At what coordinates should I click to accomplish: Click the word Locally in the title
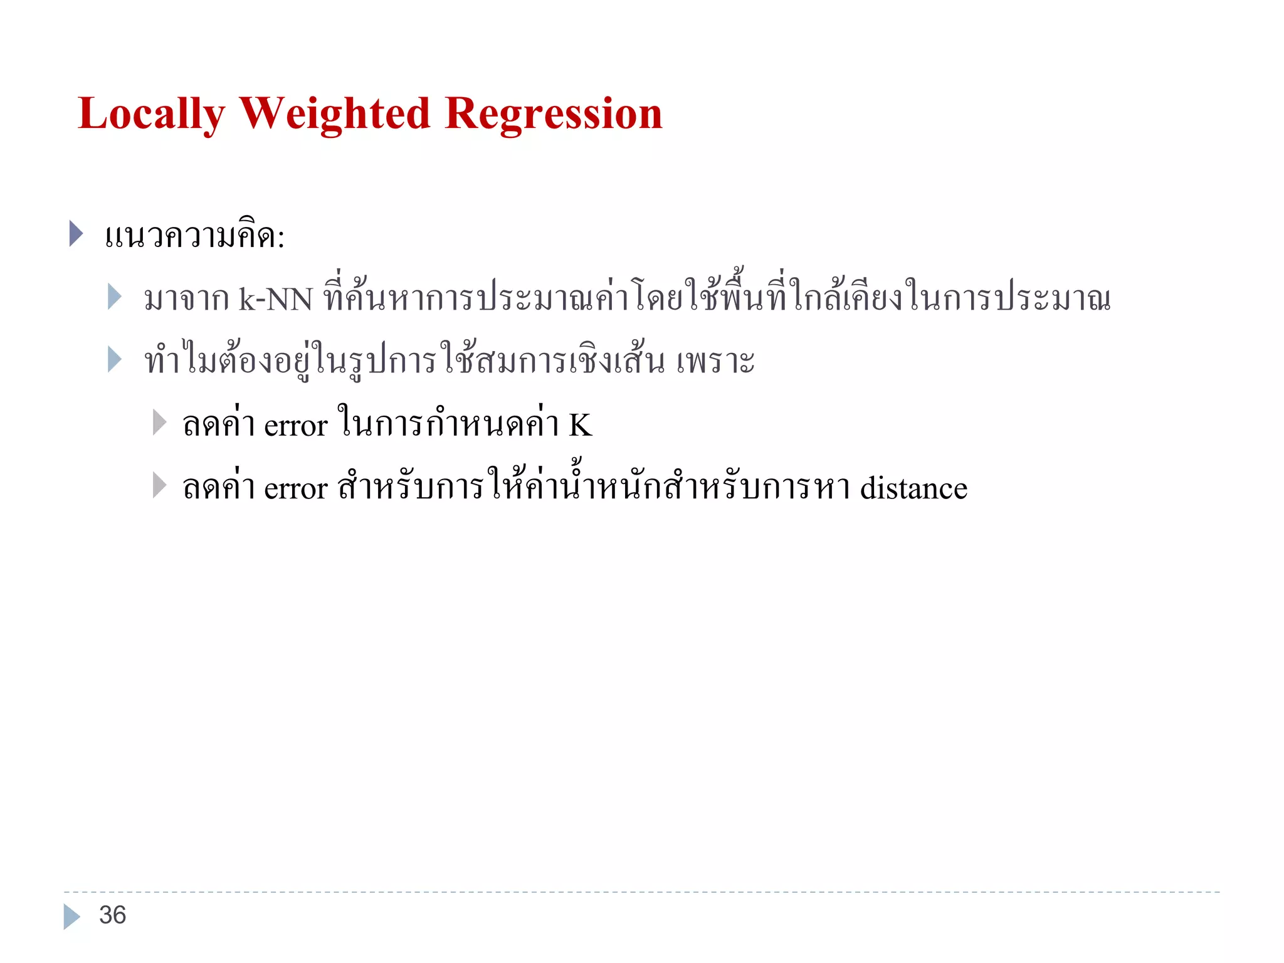151,115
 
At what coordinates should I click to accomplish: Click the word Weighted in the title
334,115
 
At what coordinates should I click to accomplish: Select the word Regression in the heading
553,115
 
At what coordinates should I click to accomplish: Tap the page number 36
113,915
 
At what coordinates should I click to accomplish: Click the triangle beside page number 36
71,916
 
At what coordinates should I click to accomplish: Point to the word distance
913,488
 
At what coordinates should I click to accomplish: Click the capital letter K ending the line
580,425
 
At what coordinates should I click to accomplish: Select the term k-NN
275,299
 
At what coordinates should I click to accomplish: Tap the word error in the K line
296,426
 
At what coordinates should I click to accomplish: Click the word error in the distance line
296,489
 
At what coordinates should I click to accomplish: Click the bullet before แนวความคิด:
76,234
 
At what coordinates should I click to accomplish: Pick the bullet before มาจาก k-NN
114,297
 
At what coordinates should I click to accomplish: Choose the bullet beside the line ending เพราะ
114,359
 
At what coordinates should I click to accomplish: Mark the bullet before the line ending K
159,423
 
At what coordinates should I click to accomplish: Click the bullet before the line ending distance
159,485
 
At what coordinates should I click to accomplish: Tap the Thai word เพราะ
715,362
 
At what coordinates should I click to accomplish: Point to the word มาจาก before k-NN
186,300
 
